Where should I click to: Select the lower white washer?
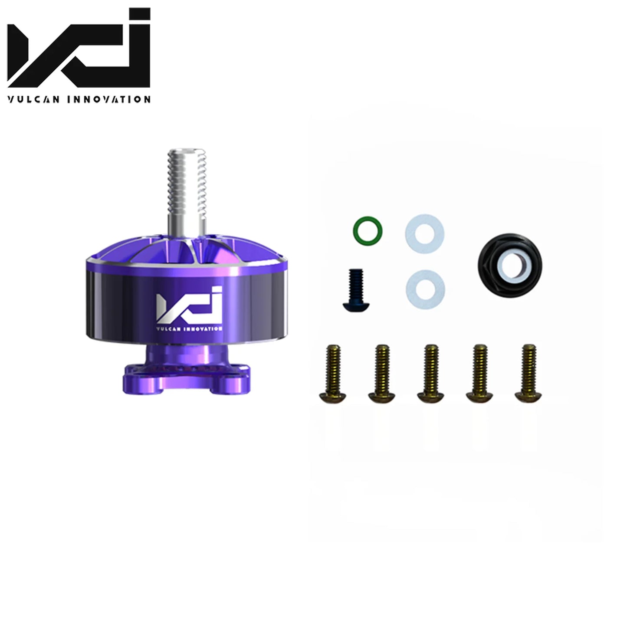pos(425,289)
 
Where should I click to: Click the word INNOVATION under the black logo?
pos(108,99)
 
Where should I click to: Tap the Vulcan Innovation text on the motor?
pos(189,329)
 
